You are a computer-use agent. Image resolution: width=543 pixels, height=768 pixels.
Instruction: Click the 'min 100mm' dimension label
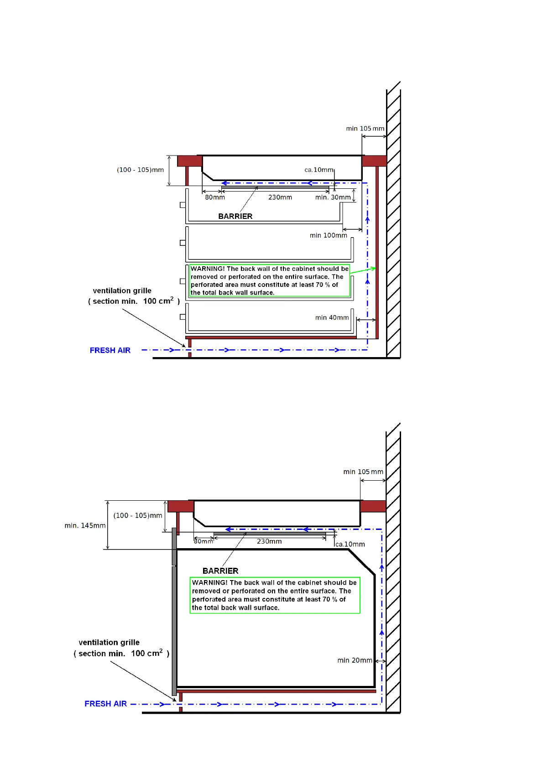click(x=328, y=235)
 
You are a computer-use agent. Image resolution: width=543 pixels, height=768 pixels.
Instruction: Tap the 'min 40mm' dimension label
click(x=332, y=317)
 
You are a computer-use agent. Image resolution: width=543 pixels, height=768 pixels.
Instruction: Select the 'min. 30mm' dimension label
click(x=333, y=197)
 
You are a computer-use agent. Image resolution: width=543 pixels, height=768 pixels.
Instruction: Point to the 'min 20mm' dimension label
click(x=355, y=660)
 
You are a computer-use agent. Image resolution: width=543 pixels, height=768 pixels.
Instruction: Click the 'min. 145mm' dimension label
click(x=85, y=525)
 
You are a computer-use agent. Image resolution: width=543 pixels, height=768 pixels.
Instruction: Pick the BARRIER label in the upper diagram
click(x=235, y=216)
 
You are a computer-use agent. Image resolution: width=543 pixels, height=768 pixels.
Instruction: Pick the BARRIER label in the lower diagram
click(x=220, y=571)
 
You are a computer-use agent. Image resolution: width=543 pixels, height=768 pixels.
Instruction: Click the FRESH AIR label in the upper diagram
click(x=110, y=350)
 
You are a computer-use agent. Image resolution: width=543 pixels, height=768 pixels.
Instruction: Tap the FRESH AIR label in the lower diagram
click(x=105, y=704)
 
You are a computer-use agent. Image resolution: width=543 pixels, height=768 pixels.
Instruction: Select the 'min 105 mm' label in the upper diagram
click(x=365, y=129)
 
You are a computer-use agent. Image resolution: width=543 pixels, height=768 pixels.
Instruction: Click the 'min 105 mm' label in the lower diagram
click(x=363, y=472)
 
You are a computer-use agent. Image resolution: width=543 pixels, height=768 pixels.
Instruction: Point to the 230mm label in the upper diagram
click(x=280, y=197)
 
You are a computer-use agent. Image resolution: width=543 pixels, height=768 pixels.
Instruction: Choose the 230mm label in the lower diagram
click(x=269, y=541)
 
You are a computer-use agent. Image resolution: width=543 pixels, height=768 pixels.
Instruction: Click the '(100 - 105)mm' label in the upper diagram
click(x=140, y=170)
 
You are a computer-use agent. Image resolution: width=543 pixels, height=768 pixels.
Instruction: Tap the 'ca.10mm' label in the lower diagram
click(x=350, y=544)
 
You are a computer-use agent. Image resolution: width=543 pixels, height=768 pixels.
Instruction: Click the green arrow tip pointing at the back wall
click(x=375, y=268)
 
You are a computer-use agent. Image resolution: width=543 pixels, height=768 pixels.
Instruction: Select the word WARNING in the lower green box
click(x=209, y=582)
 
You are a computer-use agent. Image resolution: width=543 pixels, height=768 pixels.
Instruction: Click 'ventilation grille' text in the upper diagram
click(x=122, y=291)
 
